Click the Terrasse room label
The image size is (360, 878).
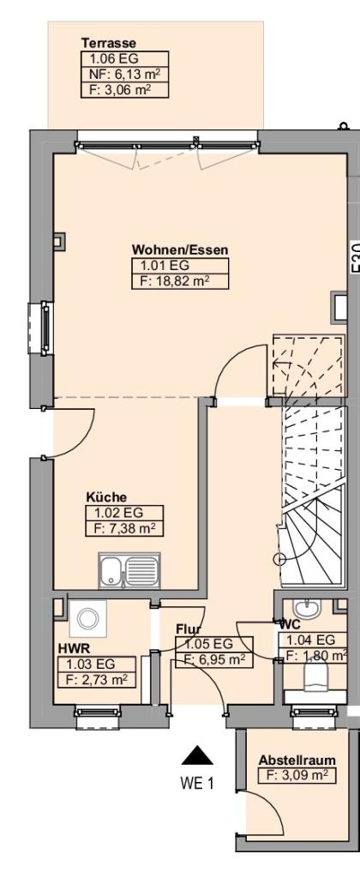point(109,43)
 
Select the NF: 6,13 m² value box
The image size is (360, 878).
point(125,75)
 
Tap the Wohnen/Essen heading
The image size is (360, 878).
point(180,250)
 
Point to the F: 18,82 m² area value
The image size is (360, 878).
point(180,281)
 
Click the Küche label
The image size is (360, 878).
point(106,496)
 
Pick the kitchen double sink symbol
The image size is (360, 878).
point(129,570)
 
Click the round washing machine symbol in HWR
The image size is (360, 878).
point(87,619)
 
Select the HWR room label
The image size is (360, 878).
point(70,648)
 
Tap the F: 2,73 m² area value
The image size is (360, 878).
point(98,680)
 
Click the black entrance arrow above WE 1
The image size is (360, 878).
point(197,756)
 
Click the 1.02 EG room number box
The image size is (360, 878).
point(125,513)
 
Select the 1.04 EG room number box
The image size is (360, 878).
point(314,640)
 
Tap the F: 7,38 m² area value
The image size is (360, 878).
point(125,528)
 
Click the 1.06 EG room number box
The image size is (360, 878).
point(125,59)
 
